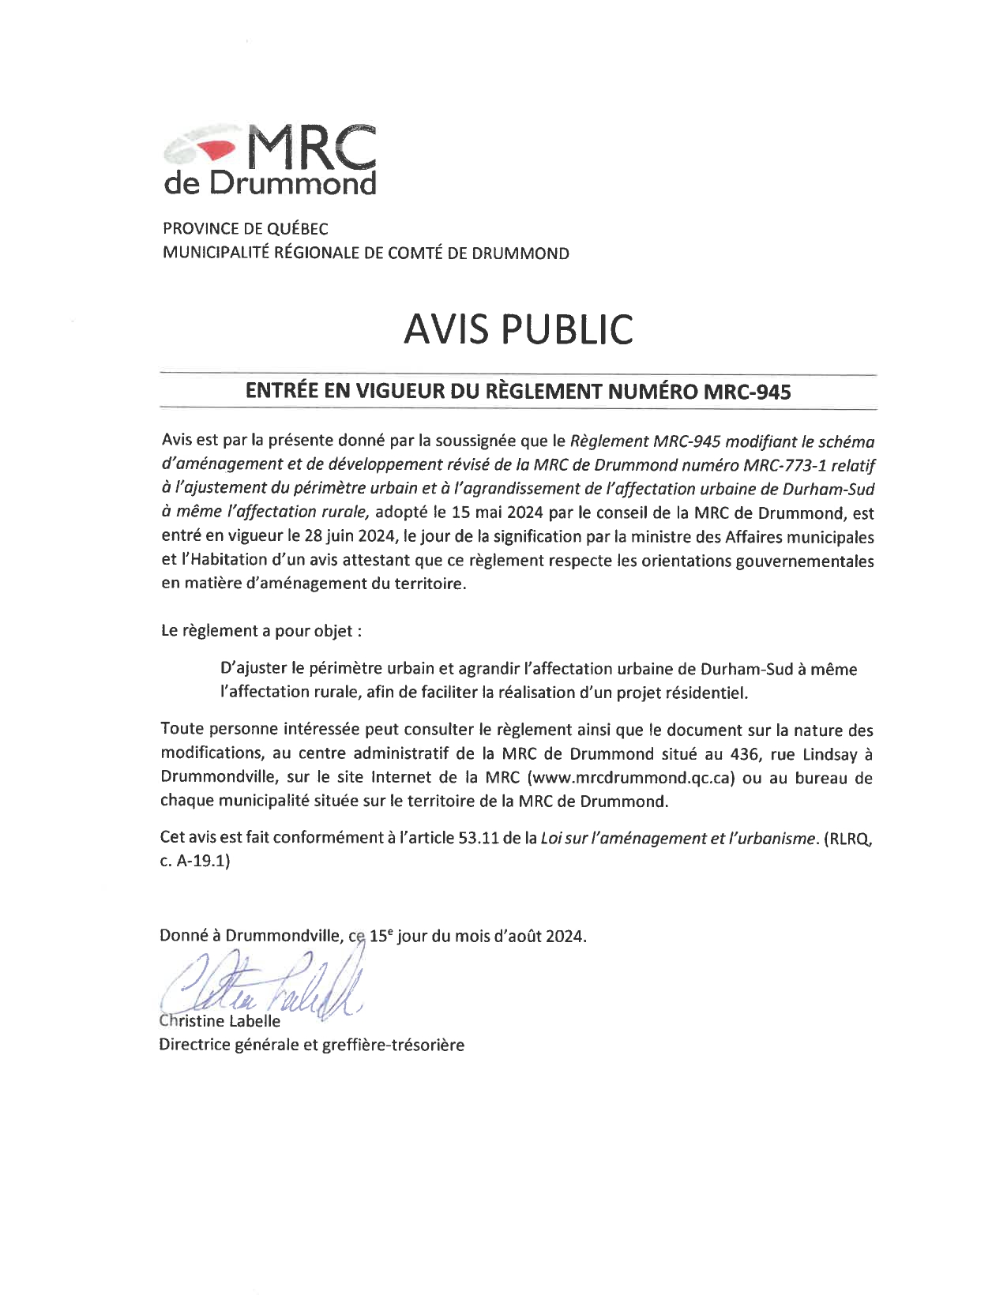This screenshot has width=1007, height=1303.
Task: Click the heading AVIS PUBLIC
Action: [x=517, y=329]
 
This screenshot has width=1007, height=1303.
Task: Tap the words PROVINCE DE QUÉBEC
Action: [x=245, y=229]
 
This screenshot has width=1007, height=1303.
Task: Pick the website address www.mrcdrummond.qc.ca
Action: [x=634, y=778]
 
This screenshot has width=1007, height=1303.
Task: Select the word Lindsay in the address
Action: [x=830, y=753]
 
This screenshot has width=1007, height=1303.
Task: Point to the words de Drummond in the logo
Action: [x=270, y=184]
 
